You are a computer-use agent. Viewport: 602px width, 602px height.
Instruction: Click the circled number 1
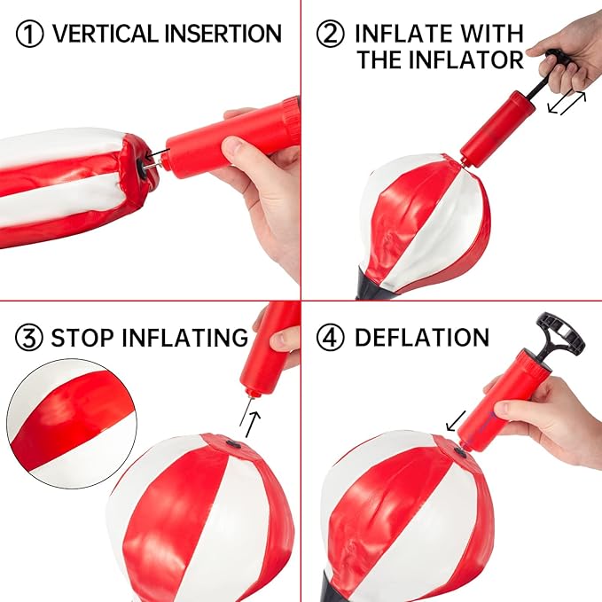[29, 34]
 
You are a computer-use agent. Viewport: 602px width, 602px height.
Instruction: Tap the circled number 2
[330, 34]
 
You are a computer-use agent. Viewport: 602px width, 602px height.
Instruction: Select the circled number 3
[28, 338]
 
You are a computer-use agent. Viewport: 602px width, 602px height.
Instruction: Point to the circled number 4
[330, 338]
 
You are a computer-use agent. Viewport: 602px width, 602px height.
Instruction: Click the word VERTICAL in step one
[106, 34]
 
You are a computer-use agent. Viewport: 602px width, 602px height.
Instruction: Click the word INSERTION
[223, 34]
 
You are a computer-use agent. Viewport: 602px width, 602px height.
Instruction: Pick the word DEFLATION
[422, 338]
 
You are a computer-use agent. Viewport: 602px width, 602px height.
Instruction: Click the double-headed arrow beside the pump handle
[567, 102]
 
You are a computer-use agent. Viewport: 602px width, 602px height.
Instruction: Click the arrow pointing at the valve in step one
[157, 154]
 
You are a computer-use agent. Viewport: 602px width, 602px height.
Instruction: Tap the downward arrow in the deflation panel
[456, 421]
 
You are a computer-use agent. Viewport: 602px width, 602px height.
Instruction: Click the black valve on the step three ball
[233, 444]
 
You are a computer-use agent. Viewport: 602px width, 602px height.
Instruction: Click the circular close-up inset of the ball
[72, 424]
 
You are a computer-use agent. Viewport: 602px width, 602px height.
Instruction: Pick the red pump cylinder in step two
[497, 129]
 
